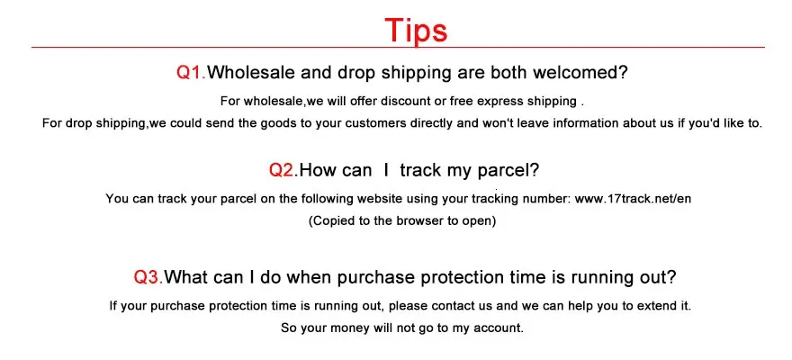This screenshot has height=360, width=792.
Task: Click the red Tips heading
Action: pyautogui.click(x=416, y=30)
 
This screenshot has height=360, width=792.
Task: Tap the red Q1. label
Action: pyautogui.click(x=191, y=73)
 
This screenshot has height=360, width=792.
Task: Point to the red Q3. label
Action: pyautogui.click(x=148, y=277)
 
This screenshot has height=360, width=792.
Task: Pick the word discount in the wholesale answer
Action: pyautogui.click(x=405, y=101)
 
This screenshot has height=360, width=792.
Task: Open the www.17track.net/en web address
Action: pyautogui.click(x=633, y=198)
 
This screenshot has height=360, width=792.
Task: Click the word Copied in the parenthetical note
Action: pyautogui.click(x=330, y=221)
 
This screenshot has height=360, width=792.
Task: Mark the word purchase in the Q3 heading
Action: pyautogui.click(x=376, y=278)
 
